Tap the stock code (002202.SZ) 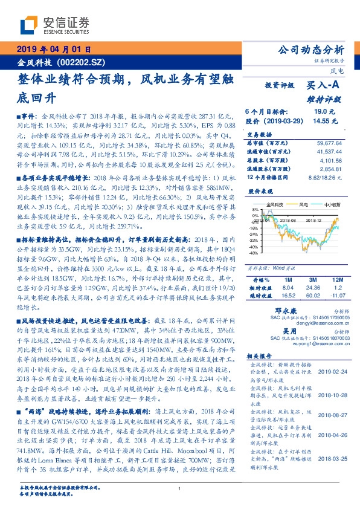(85, 62)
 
